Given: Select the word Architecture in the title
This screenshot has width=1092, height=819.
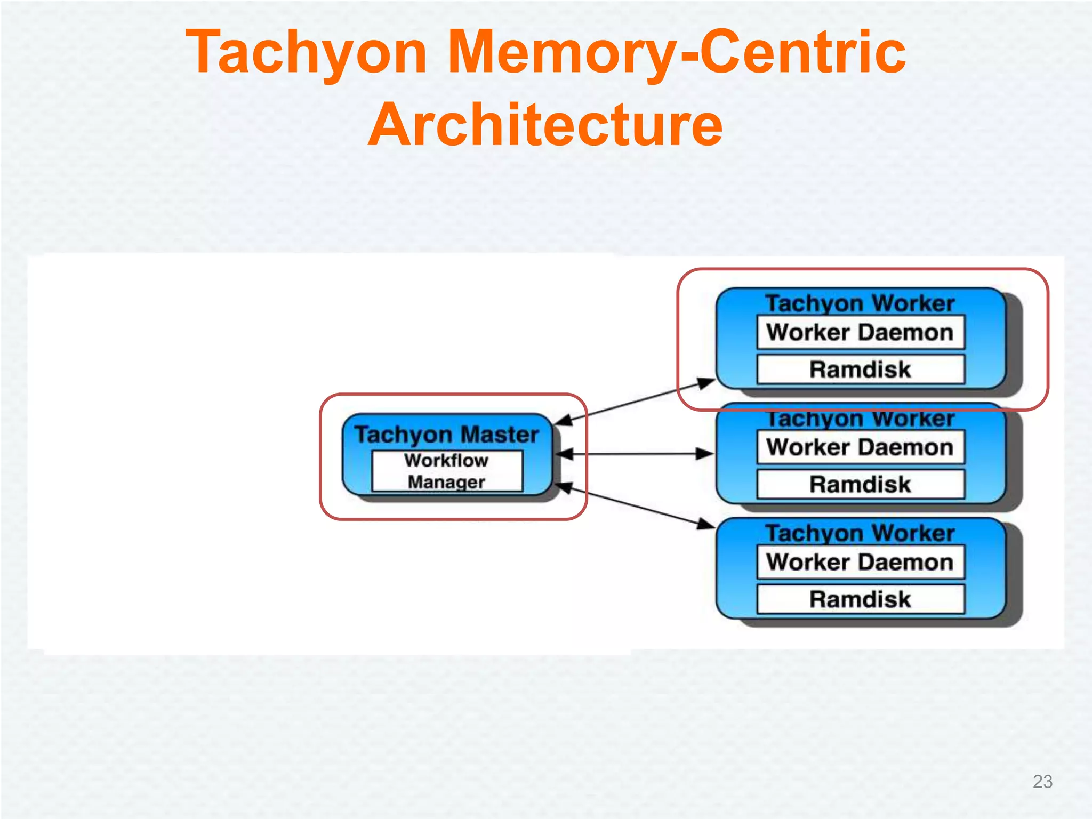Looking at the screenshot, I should pos(545,125).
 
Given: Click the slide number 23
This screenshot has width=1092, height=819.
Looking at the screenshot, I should pos(1042,781).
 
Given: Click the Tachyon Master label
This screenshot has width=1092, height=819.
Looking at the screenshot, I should pos(447,434).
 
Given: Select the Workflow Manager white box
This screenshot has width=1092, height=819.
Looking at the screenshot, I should pos(447,471).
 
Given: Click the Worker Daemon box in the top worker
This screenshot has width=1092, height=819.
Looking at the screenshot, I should pos(860,332).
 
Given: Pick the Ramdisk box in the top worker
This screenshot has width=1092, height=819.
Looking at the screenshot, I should pos(860,369).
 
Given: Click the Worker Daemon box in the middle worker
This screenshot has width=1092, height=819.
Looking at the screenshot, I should pos(860,447).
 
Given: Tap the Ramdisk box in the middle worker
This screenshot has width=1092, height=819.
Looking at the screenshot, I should pos(860,484).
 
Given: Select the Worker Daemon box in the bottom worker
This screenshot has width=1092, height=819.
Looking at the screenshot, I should pos(860,562).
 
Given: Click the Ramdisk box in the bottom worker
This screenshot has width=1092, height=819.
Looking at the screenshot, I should pos(860,599).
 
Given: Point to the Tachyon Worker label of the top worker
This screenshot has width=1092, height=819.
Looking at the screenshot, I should pos(860,303).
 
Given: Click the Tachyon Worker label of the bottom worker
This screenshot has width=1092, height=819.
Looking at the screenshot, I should pos(860,533).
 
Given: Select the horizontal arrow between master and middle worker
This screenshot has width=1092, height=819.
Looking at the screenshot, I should pos(635,454).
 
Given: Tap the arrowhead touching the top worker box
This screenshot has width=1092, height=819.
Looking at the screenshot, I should pos(707,382).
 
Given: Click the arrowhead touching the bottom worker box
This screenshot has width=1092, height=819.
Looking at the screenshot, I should pos(707,525).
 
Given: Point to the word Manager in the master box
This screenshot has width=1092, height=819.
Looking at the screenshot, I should pos(447,482).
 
